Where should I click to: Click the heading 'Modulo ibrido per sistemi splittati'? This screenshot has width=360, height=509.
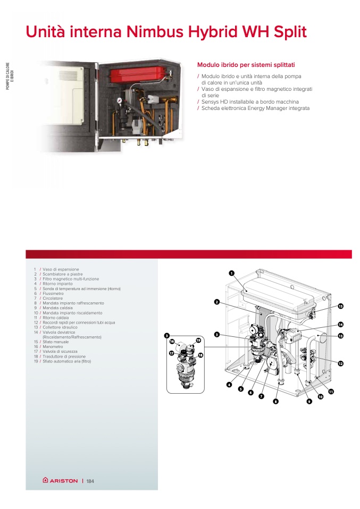[246, 64]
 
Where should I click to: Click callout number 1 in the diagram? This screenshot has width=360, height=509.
[232, 273]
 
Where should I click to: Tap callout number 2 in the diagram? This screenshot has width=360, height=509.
[217, 302]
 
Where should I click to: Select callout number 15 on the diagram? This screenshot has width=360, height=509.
[341, 306]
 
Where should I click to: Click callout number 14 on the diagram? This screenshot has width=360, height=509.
[340, 324]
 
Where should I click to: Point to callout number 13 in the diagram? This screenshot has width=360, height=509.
[340, 336]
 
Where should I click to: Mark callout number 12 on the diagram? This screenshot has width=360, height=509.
[340, 363]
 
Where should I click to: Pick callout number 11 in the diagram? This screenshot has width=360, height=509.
[331, 392]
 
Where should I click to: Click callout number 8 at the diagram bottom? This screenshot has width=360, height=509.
[275, 402]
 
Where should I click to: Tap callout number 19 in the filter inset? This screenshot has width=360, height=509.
[198, 340]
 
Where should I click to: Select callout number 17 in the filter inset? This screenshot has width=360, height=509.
[172, 353]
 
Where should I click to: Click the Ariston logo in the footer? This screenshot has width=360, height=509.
[60, 480]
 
